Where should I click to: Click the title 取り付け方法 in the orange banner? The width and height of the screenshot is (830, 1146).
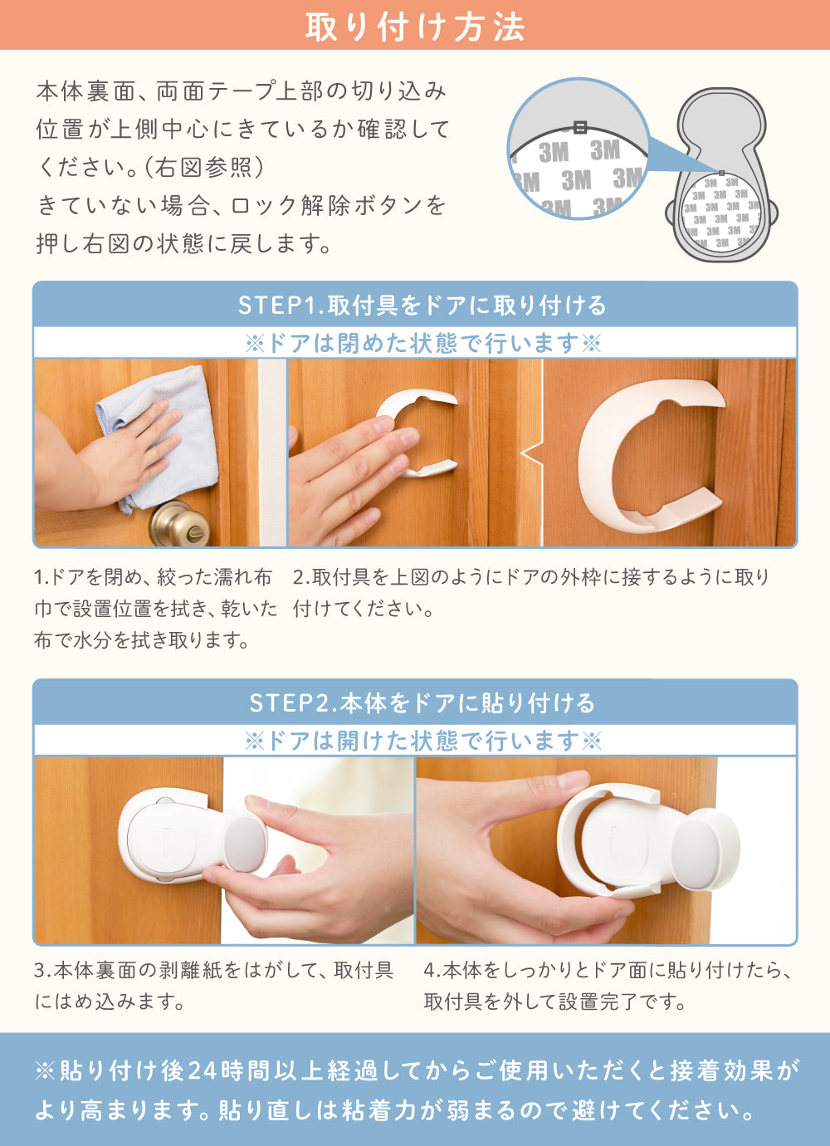(415, 27)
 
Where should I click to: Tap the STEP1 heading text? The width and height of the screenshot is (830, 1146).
(422, 306)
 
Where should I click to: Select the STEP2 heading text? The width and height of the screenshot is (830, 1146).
(422, 703)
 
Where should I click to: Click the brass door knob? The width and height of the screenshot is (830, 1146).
(179, 523)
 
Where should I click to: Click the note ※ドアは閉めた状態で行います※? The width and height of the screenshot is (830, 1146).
(423, 343)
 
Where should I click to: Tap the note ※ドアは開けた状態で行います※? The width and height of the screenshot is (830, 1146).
(423, 740)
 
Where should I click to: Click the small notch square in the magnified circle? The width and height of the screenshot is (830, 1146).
(579, 127)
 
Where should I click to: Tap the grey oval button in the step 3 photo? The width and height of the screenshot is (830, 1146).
(246, 845)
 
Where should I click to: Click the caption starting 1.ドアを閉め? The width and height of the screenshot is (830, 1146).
(154, 609)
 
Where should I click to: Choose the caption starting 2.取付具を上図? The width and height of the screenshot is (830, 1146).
(532, 593)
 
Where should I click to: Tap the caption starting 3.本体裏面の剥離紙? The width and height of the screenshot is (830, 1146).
(214, 986)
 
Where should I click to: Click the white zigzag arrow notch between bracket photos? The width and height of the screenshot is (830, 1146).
(532, 453)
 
